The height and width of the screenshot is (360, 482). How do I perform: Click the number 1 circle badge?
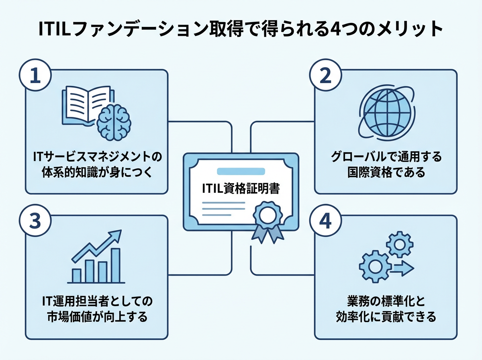tap(35, 78)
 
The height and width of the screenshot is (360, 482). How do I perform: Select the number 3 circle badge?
tap(35, 223)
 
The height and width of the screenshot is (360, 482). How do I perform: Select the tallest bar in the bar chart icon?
tap(116, 265)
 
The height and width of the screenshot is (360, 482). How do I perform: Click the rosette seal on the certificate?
tap(265, 217)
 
